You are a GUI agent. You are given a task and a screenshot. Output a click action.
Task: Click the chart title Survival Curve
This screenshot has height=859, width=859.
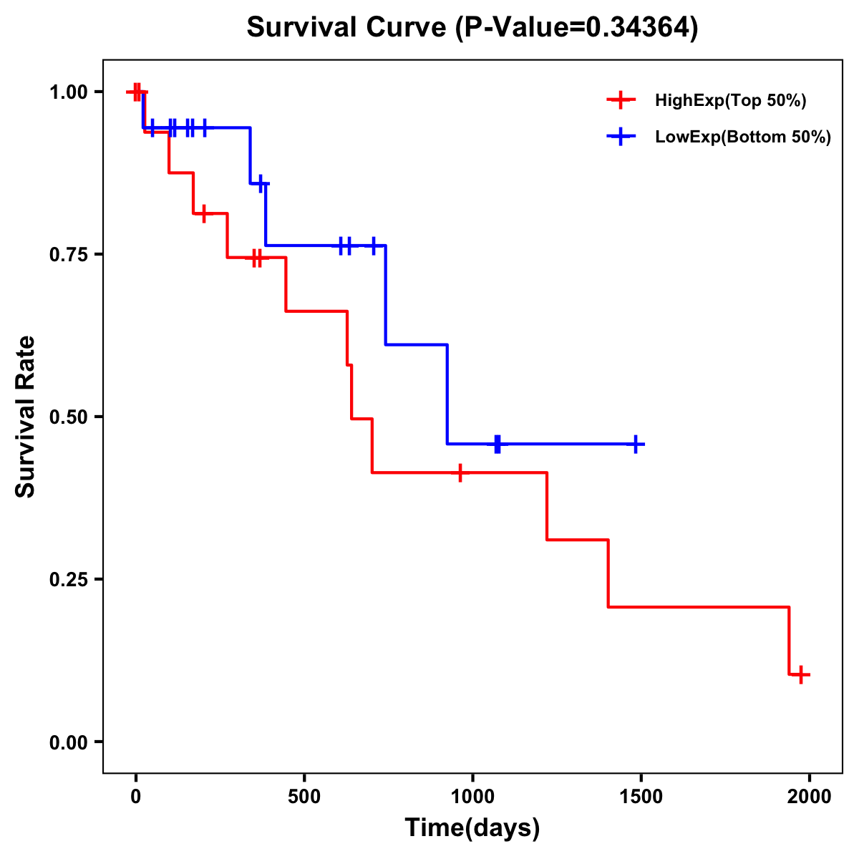pos(347,28)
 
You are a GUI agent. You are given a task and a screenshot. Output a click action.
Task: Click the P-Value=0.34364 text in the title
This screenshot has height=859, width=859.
pos(576,28)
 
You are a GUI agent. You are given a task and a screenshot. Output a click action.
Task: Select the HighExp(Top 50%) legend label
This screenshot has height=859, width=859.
pos(730,101)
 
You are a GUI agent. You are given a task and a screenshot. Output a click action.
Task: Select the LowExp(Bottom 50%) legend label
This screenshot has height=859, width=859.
pos(742,137)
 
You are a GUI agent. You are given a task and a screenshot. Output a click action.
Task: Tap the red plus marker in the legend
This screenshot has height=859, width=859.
pos(621,100)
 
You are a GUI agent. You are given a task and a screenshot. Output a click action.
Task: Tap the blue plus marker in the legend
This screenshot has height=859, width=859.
pos(621,137)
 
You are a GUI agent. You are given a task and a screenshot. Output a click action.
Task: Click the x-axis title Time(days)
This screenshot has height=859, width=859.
pos(472,828)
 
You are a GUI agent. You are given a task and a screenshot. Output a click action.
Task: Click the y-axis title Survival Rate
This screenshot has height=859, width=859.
pos(26,417)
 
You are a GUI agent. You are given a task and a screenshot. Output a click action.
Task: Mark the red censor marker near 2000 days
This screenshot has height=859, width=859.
pos(802,674)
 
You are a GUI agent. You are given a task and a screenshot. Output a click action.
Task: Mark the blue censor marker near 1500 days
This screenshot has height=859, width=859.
pos(635,445)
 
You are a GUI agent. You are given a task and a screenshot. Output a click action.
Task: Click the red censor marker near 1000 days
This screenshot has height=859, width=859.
pos(460,472)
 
